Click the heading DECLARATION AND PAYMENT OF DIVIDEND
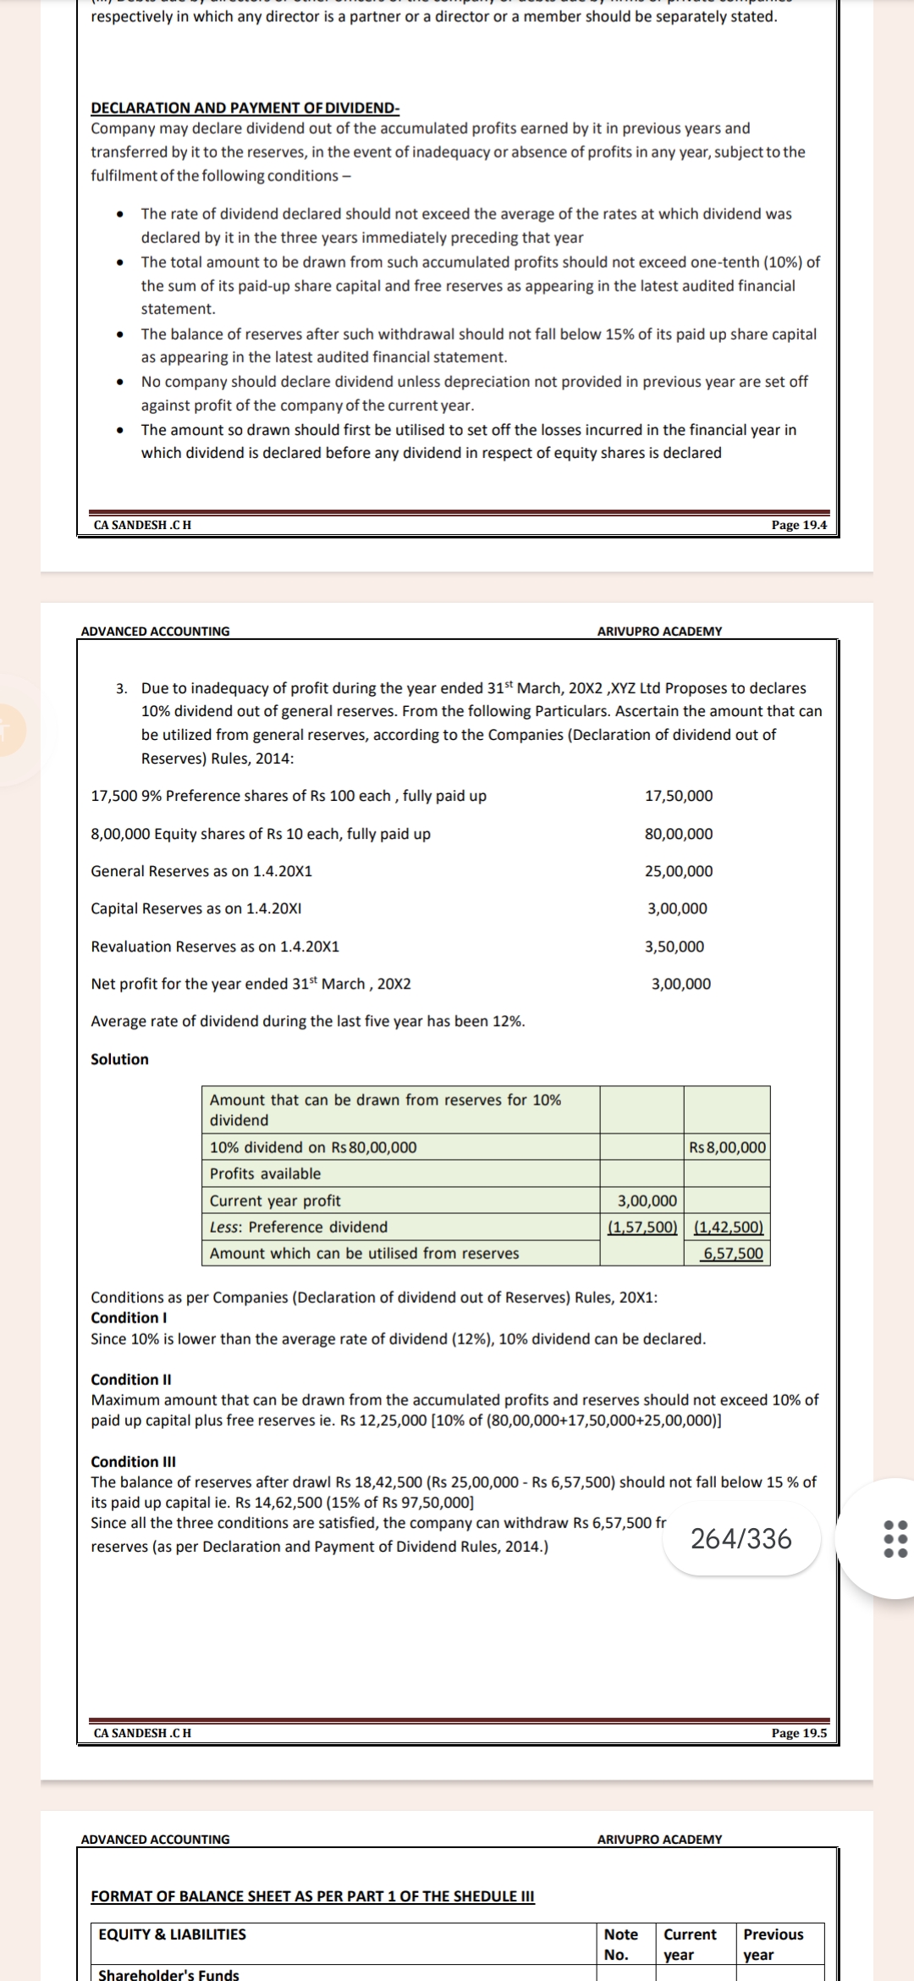pos(245,108)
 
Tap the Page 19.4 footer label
pos(798,525)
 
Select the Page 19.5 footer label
pos(798,1733)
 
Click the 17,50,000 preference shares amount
pos(679,796)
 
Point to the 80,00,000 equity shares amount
pos(679,834)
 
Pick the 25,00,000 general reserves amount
pos(679,871)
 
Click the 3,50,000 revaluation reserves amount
pos(674,946)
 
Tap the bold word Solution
pos(119,1059)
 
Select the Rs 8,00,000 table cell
pos(727,1148)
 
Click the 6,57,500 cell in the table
pos(733,1254)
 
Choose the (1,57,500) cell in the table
pos(642,1227)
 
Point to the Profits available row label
pos(265,1173)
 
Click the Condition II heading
pos(131,1379)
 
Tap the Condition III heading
pos(133,1461)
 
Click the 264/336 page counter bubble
pos(741,1538)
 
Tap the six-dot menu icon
pos(895,1538)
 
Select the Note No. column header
pos(621,1945)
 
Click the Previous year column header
pos(773,1945)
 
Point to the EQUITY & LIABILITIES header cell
pos(173,1934)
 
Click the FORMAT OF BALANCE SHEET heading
pos(312,1896)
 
